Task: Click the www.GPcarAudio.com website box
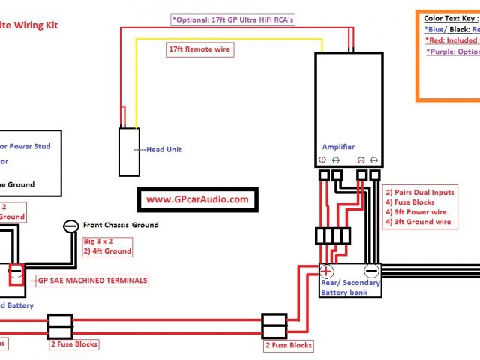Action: point(197,199)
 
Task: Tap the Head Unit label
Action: point(161,149)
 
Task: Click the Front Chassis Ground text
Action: point(121,225)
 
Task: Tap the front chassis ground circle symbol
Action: point(71,225)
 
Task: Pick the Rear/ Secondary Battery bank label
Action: point(351,287)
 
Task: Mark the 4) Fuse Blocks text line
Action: point(410,202)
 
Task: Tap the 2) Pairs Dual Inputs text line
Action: point(418,192)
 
